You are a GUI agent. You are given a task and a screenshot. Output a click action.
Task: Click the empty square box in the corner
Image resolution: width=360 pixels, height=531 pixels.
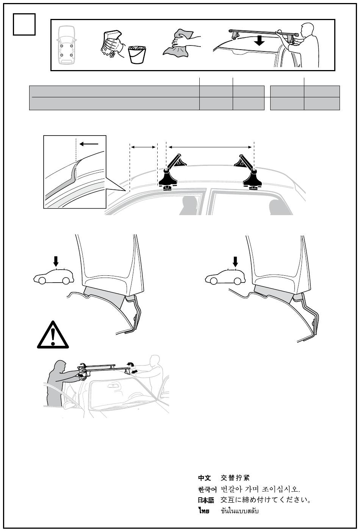pyautogui.click(x=24, y=24)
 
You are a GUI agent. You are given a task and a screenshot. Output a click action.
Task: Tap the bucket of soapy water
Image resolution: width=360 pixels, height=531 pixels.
pyautogui.click(x=137, y=55)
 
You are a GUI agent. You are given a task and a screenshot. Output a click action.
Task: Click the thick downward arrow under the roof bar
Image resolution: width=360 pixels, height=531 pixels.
pyautogui.click(x=260, y=41)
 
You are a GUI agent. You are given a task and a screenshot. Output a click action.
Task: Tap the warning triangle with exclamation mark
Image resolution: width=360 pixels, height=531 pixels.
pyautogui.click(x=53, y=335)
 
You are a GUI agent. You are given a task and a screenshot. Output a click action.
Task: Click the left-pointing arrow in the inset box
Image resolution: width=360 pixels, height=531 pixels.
pyautogui.click(x=89, y=144)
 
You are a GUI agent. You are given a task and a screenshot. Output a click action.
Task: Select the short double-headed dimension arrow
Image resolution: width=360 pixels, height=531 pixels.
pyautogui.click(x=143, y=147)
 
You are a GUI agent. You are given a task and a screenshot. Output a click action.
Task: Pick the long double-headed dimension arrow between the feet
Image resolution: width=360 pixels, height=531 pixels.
pyautogui.click(x=210, y=147)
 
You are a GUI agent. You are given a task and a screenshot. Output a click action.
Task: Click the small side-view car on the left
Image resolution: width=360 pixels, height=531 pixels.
pyautogui.click(x=53, y=276)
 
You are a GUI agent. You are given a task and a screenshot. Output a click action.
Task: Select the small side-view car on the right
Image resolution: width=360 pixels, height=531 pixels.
pyautogui.click(x=225, y=277)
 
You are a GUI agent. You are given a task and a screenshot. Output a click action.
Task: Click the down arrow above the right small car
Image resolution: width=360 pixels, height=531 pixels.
pyautogui.click(x=235, y=262)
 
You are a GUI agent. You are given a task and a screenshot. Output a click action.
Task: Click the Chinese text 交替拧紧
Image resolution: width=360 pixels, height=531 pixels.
pyautogui.click(x=235, y=478)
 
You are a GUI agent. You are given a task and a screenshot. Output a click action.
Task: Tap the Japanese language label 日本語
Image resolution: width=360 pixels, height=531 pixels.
pyautogui.click(x=206, y=500)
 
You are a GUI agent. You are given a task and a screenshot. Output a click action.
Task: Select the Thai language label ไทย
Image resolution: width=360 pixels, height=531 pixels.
pyautogui.click(x=204, y=511)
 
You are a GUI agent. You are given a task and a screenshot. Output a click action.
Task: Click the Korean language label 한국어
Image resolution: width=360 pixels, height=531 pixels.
pyautogui.click(x=207, y=489)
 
